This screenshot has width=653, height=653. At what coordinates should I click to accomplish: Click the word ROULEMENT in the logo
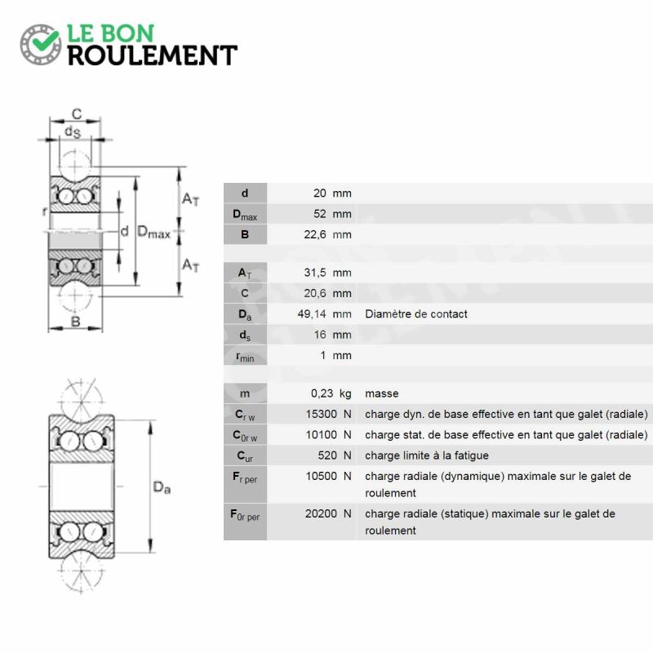[x=153, y=56]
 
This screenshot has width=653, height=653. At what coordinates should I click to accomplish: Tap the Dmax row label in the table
[x=245, y=215]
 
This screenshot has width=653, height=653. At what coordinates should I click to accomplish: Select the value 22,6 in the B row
[x=315, y=235]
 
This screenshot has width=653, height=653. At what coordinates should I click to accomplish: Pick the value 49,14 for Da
[x=312, y=314]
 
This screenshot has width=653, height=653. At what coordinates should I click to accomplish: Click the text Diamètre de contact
[x=416, y=314]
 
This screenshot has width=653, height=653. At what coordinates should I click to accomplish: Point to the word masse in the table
[x=382, y=393]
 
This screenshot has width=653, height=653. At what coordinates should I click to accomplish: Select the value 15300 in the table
[x=321, y=414]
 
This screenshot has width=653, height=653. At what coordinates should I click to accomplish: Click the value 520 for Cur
[x=327, y=455]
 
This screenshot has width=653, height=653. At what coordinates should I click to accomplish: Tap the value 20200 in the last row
[x=321, y=513]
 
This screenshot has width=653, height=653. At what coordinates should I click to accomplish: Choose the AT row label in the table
[x=245, y=273]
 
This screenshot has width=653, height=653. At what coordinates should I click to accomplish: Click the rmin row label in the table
[x=245, y=357]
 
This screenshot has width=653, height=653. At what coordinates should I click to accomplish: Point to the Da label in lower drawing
[x=162, y=487]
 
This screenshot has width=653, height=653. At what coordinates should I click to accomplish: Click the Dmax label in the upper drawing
[x=153, y=232]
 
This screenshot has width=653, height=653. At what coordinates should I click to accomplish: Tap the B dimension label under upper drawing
[x=75, y=322]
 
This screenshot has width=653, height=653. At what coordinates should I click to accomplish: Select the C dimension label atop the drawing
[x=77, y=114]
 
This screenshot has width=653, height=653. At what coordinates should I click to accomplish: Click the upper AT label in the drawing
[x=190, y=199]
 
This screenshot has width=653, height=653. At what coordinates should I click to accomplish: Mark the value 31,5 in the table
[x=315, y=273]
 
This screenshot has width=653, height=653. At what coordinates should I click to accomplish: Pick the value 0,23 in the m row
[x=322, y=393]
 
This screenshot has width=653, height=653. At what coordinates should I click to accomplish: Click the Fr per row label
[x=246, y=478]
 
